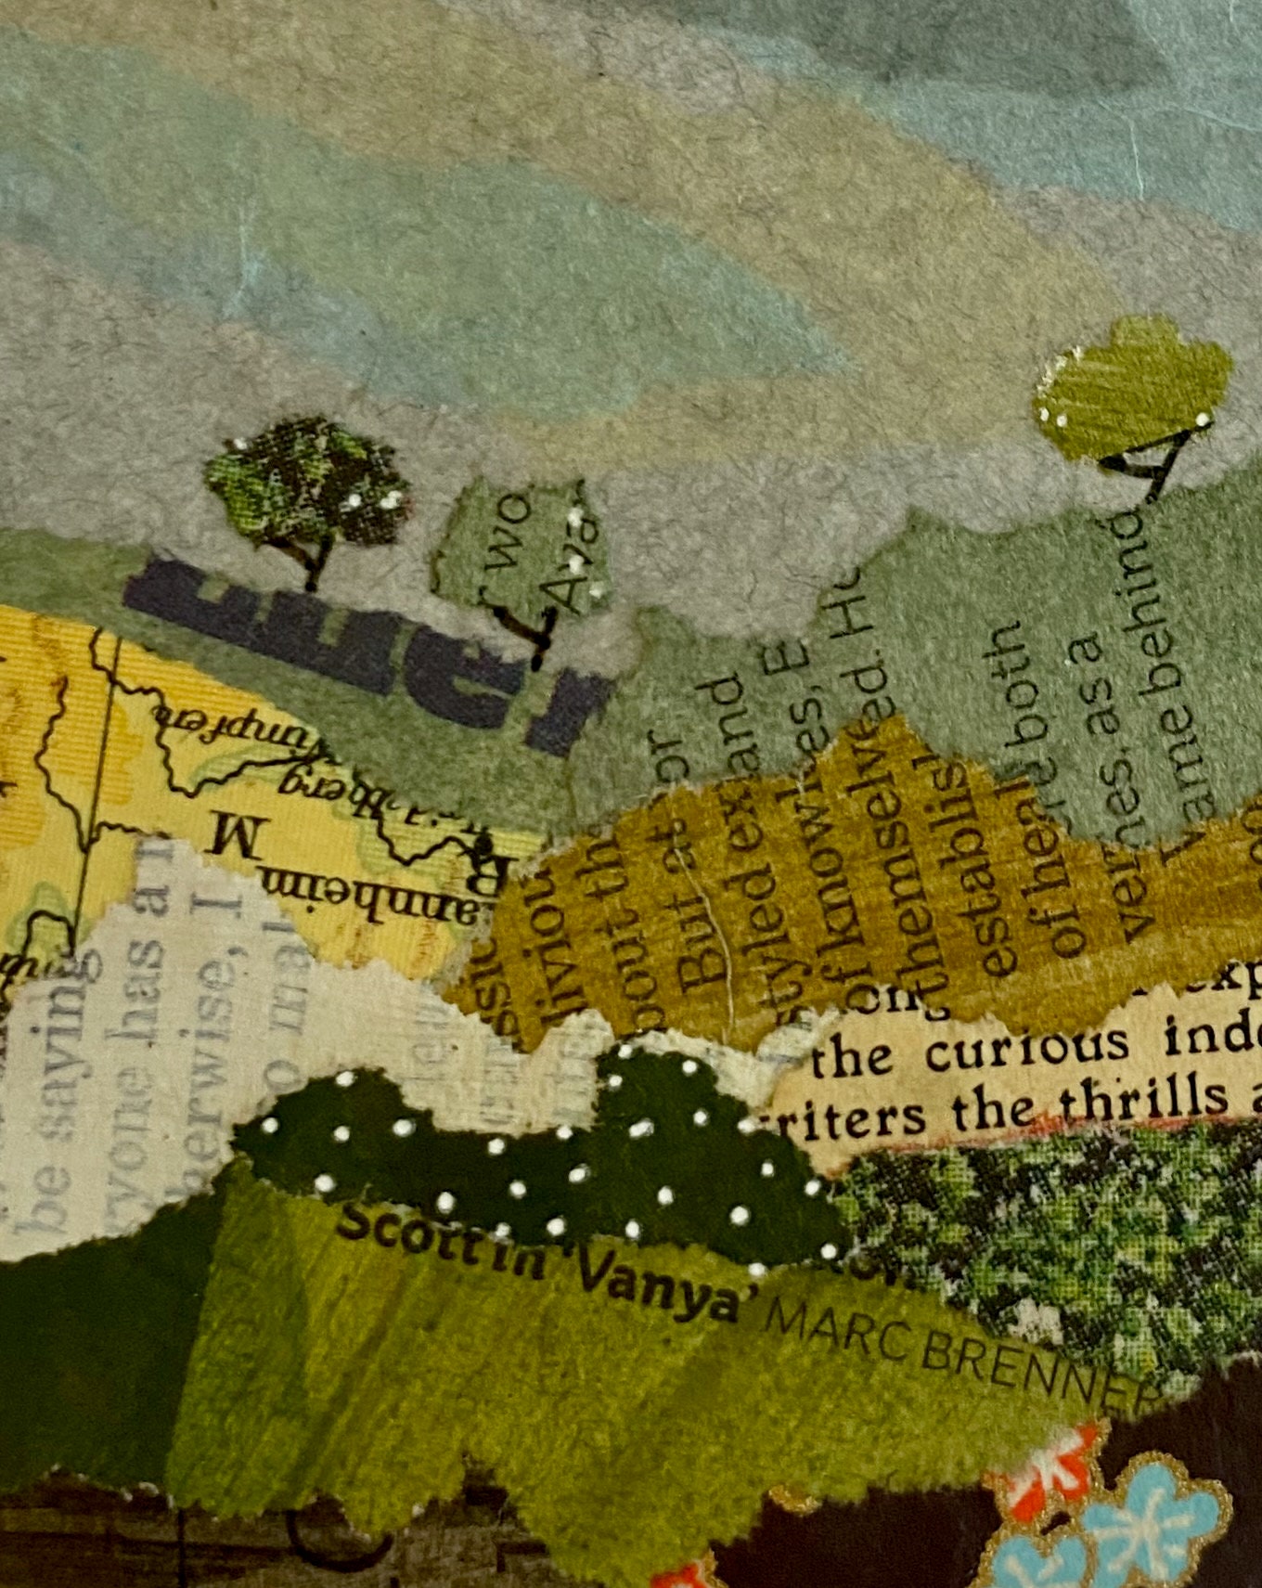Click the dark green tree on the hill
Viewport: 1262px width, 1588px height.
304,483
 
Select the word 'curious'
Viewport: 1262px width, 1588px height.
1025,1048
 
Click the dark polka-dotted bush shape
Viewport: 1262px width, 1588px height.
547,1160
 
